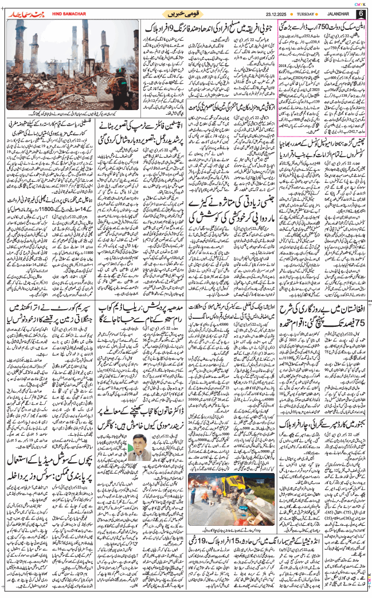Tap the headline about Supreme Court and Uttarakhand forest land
click(x=44, y=318)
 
